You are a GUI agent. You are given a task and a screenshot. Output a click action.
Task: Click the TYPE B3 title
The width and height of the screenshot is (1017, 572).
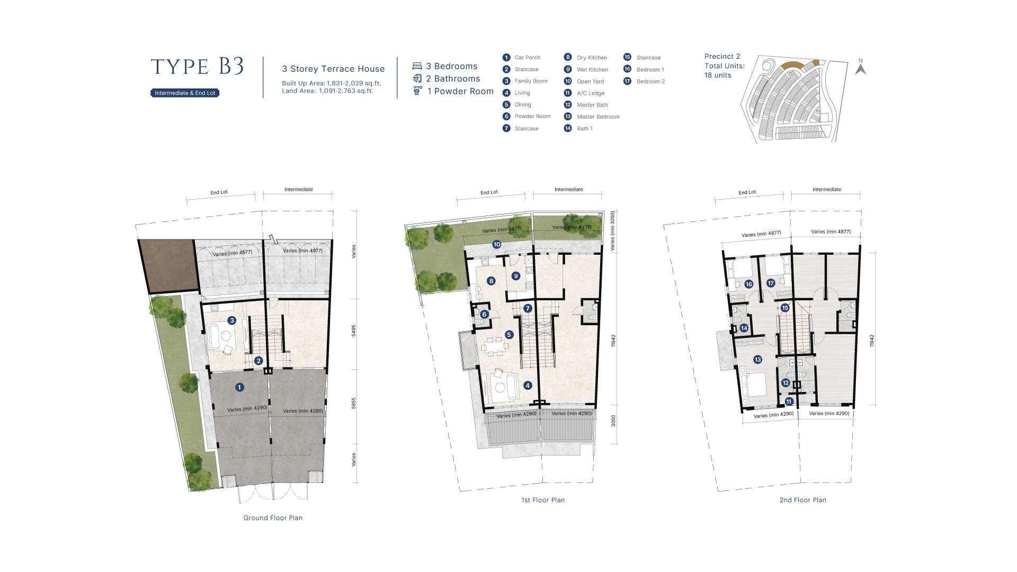[x=197, y=67]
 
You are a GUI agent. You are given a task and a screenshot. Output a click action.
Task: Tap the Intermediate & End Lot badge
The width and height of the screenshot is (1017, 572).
[x=185, y=93]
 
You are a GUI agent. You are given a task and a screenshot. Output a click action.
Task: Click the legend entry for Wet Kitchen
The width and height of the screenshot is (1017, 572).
[x=586, y=69]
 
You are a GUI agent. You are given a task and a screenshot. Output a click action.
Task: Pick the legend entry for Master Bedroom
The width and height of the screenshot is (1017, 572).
[x=592, y=117]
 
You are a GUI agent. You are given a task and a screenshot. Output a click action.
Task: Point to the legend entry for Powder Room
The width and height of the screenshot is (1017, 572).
[x=527, y=117]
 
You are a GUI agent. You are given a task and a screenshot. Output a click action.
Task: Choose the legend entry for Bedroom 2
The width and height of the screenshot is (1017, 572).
[x=644, y=81]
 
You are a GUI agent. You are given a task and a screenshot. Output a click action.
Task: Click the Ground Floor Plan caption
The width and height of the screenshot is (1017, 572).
[x=273, y=518]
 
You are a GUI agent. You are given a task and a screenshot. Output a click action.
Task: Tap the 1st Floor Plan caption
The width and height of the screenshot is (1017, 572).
[x=543, y=500]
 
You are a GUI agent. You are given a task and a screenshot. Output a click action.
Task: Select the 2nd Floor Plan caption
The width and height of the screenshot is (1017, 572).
[x=802, y=500]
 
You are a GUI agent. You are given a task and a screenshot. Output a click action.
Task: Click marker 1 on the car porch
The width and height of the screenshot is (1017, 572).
[x=239, y=387]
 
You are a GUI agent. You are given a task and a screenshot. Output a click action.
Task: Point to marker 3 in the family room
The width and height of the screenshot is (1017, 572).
[x=231, y=320]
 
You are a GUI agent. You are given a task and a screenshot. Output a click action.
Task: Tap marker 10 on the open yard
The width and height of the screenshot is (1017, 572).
[x=497, y=244]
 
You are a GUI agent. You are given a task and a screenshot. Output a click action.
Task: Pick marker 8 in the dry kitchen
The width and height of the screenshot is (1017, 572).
[x=491, y=281]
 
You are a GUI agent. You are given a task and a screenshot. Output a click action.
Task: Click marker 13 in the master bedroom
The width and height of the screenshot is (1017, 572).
[x=757, y=360]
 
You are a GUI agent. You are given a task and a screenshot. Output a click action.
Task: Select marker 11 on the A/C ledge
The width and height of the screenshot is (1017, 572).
[x=789, y=401]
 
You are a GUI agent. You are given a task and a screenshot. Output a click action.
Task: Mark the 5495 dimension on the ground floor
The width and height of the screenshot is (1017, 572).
[x=354, y=330]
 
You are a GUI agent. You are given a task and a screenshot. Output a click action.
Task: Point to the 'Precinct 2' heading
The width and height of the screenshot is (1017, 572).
[x=722, y=56]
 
